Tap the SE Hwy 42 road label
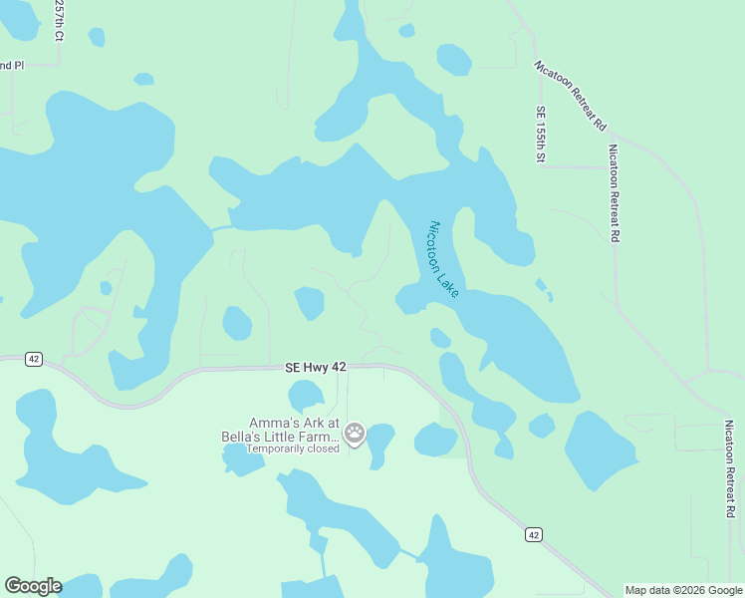click(315, 368)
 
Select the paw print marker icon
click(356, 434)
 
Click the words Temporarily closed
click(293, 448)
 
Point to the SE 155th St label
click(541, 134)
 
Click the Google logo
click(33, 586)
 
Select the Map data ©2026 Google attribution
click(683, 590)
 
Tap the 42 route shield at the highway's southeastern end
click(534, 535)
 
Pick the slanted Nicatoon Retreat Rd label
click(571, 95)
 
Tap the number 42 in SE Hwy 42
click(339, 368)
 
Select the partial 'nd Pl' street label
click(11, 66)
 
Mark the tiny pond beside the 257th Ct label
click(96, 37)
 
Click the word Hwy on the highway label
click(316, 368)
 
